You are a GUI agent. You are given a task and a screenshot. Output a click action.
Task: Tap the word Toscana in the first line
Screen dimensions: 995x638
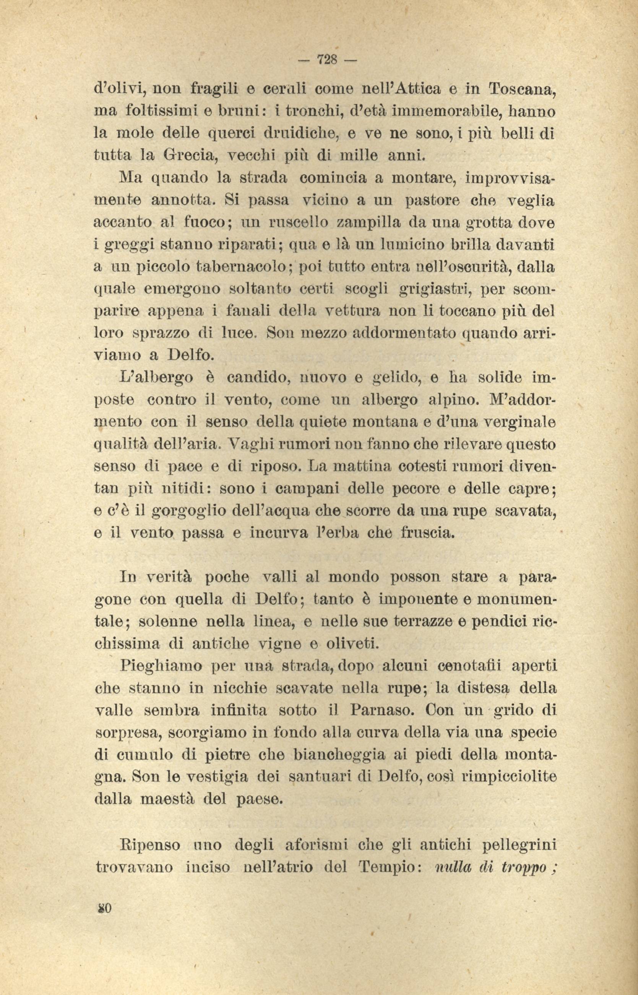pyautogui.click(x=523, y=89)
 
